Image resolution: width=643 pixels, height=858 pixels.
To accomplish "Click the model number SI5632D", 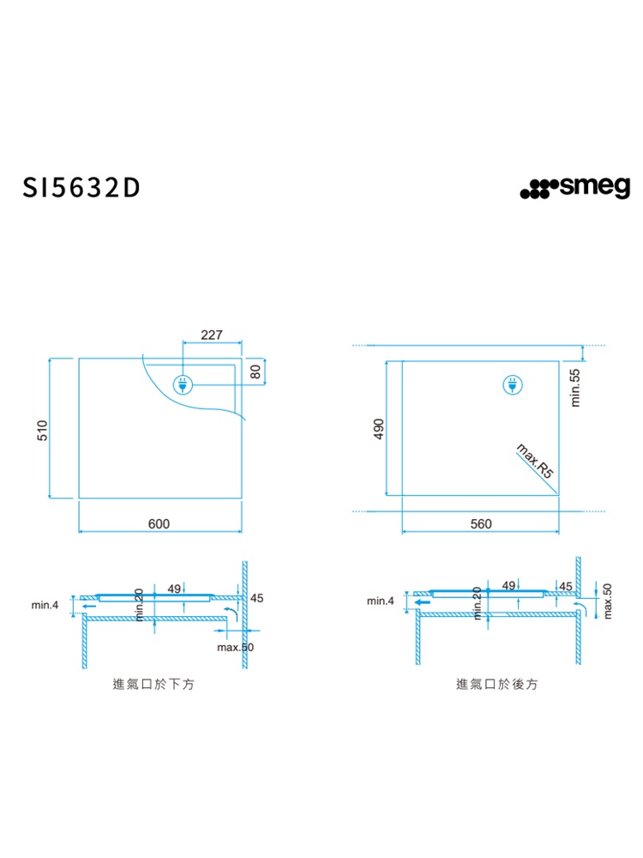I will point(81,188).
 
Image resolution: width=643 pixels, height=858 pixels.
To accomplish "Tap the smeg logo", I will point(574,187).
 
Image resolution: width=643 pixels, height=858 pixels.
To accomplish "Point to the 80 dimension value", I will point(255,372).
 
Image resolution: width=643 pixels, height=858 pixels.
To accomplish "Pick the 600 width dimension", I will point(159,523).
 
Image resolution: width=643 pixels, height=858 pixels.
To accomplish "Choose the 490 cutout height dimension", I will point(378,429).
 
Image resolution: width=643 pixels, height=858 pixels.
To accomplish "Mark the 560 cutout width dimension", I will point(481,523).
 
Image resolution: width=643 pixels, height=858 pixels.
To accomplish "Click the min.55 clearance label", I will point(575,387).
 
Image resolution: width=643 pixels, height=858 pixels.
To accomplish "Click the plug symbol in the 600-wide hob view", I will point(183,385).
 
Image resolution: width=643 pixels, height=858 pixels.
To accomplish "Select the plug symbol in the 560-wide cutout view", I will point(512,386).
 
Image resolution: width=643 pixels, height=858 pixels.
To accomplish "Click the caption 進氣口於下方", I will point(153,685).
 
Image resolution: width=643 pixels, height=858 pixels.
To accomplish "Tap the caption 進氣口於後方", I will point(498,685).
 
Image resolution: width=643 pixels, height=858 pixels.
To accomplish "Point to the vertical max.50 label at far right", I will point(608,601).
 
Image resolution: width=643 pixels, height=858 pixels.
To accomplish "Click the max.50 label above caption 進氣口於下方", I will point(236,646).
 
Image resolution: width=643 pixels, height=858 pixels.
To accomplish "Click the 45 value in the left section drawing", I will point(256,597).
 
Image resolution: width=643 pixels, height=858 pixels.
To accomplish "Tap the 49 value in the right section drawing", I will point(508,585).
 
